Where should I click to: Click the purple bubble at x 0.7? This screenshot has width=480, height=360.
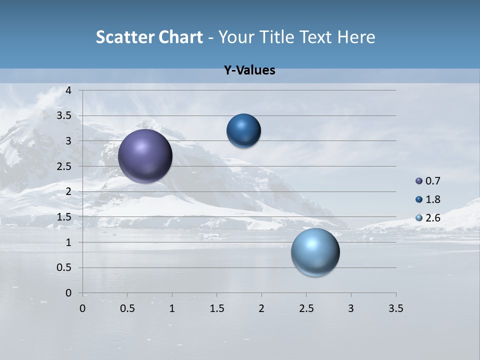[x=145, y=156]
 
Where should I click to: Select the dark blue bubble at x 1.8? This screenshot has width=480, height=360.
[x=243, y=131]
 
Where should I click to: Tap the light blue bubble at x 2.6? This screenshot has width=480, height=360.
[x=315, y=252]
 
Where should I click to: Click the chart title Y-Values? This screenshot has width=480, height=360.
[x=249, y=70]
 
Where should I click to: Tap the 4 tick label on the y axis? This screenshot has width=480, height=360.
[x=68, y=90]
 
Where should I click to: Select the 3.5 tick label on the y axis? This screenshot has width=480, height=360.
[x=64, y=116]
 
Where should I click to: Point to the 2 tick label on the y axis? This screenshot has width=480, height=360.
[x=68, y=191]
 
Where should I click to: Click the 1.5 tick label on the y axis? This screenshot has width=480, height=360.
[x=64, y=217]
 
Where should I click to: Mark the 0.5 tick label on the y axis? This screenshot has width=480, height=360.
[x=64, y=267]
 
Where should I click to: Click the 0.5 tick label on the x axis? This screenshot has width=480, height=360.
[x=127, y=308]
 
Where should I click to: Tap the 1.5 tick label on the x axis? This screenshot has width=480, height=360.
[x=217, y=308]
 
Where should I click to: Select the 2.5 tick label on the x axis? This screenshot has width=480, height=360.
[x=306, y=308]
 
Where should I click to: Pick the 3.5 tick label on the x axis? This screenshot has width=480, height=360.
[x=395, y=308]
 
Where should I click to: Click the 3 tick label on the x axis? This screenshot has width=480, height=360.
[x=351, y=308]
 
